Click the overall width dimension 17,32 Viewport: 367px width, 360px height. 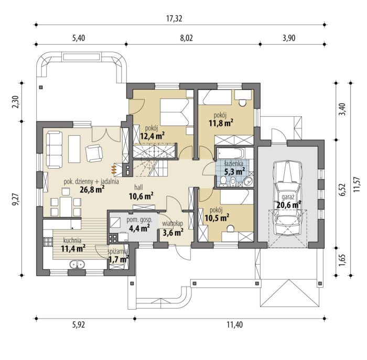[174, 19]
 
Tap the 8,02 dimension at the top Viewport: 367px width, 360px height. [187, 38]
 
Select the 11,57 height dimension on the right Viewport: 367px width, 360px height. [357, 184]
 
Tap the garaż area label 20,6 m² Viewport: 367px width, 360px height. [288, 205]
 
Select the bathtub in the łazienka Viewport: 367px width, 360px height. [231, 154]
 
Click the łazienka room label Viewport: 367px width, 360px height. [234, 163]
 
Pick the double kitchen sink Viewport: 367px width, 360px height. [77, 264]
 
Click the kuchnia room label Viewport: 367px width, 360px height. [72, 241]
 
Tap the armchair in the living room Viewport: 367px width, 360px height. [94, 153]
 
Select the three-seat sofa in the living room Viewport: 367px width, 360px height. [55, 150]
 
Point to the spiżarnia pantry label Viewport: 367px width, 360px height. [118, 252]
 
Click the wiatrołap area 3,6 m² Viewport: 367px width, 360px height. [173, 232]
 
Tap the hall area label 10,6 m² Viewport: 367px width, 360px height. [141, 196]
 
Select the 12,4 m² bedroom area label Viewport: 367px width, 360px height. [152, 136]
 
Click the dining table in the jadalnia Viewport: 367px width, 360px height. [66, 206]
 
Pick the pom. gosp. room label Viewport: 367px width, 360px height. [139, 220]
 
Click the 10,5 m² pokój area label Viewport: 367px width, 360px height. [217, 218]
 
